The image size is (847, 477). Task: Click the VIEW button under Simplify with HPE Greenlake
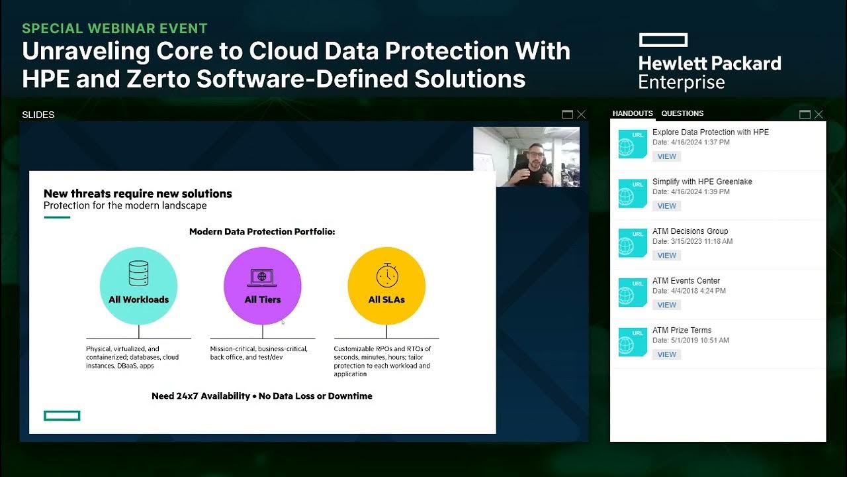pyautogui.click(x=666, y=206)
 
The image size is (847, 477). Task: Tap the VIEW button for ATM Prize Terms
pyautogui.click(x=666, y=354)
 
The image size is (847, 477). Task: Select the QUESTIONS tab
pyautogui.click(x=682, y=113)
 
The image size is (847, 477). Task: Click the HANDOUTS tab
pyautogui.click(x=633, y=113)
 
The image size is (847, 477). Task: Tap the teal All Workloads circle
pyautogui.click(x=138, y=286)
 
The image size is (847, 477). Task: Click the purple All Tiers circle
pyautogui.click(x=263, y=286)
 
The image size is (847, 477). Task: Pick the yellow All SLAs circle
pyautogui.click(x=386, y=286)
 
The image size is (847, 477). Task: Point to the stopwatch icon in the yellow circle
pyautogui.click(x=386, y=275)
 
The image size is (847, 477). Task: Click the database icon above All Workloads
pyautogui.click(x=138, y=273)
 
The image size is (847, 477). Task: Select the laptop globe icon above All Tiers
pyautogui.click(x=263, y=276)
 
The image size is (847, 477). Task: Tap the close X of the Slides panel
pyautogui.click(x=581, y=115)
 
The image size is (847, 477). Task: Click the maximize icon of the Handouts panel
pyautogui.click(x=805, y=115)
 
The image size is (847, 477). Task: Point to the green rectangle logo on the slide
pyautogui.click(x=62, y=415)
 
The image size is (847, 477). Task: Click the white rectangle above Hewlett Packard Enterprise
pyautogui.click(x=663, y=40)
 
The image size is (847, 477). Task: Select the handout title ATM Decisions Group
pyautogui.click(x=690, y=231)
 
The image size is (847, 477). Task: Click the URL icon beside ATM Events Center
pyautogui.click(x=632, y=292)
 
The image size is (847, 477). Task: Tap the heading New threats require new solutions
pyautogui.click(x=138, y=193)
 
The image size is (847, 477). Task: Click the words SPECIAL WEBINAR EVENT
pyautogui.click(x=114, y=28)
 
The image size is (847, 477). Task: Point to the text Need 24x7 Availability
pyautogui.click(x=200, y=396)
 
